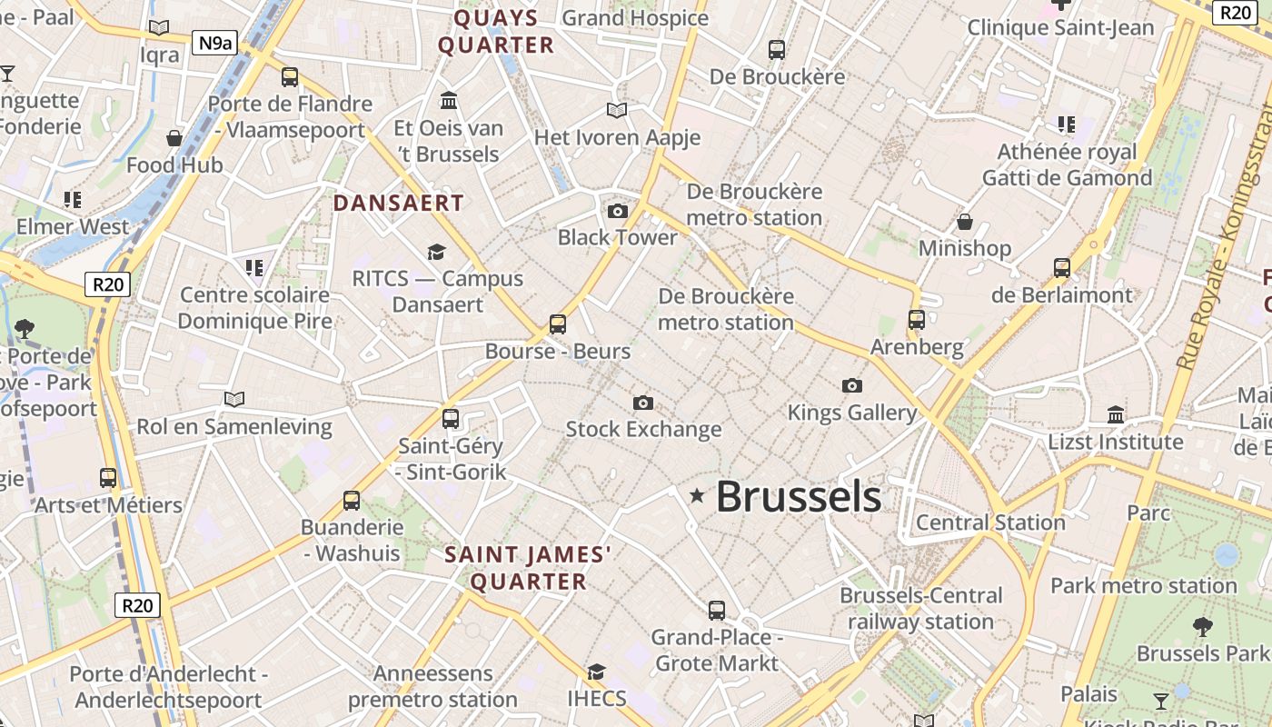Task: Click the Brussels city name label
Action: [x=799, y=497]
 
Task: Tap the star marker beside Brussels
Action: [x=697, y=495]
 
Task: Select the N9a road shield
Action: [x=214, y=42]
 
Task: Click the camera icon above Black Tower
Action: [x=618, y=212]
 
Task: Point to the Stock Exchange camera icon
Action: [x=643, y=403]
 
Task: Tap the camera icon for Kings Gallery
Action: [x=851, y=385]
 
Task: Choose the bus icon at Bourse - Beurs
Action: [x=558, y=324]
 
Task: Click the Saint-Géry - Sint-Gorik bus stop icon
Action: [x=451, y=419]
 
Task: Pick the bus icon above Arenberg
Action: [x=917, y=320]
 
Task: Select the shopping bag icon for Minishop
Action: [x=965, y=222]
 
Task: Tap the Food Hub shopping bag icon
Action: [x=174, y=138]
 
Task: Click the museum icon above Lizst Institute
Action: [x=1116, y=415]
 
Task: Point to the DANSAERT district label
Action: [x=399, y=203]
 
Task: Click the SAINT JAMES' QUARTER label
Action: [x=528, y=568]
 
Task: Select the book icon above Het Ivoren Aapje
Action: [x=617, y=110]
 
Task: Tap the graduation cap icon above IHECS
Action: [x=596, y=672]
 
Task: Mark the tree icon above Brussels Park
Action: [x=1203, y=626]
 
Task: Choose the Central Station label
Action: [x=990, y=523]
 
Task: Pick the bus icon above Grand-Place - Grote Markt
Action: [x=717, y=610]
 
